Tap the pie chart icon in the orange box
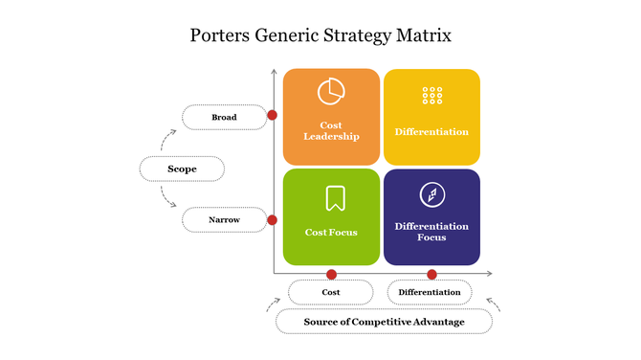pyautogui.click(x=331, y=91)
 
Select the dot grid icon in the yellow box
pyautogui.click(x=431, y=96)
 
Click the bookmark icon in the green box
pyautogui.click(x=335, y=198)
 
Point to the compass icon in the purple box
pyautogui.click(x=431, y=195)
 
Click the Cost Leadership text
pyautogui.click(x=331, y=130)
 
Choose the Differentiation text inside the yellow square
pyautogui.click(x=431, y=131)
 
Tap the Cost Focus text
pyautogui.click(x=331, y=232)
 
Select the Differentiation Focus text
pyautogui.click(x=431, y=232)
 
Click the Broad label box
pyautogui.click(x=224, y=118)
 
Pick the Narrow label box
pyautogui.click(x=224, y=220)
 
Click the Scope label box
pyautogui.click(x=182, y=169)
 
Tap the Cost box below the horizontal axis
pyautogui.click(x=331, y=292)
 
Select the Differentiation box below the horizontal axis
pyautogui.click(x=430, y=292)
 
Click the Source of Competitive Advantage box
pyautogui.click(x=384, y=322)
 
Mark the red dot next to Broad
pyautogui.click(x=273, y=115)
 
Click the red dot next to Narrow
pyautogui.click(x=273, y=219)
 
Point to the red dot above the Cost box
pyautogui.click(x=332, y=274)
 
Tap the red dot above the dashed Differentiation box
pyautogui.click(x=431, y=274)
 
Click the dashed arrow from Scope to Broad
pyautogui.click(x=167, y=141)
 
